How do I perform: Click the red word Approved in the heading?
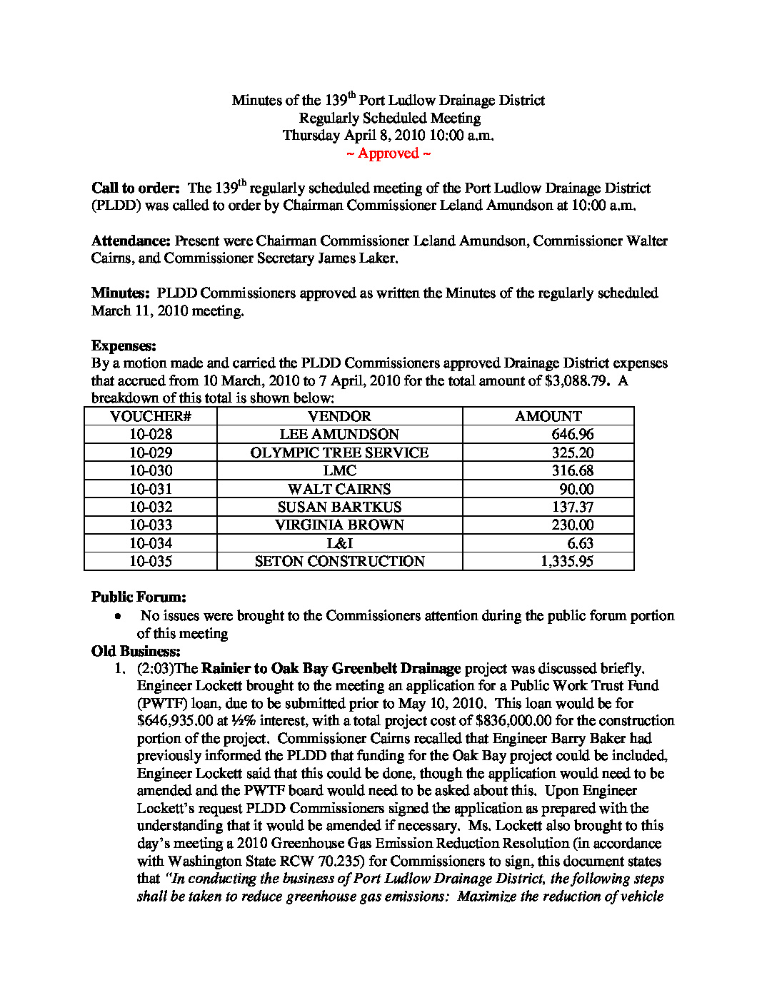388,153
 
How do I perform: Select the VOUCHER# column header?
151,417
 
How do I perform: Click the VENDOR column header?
339,417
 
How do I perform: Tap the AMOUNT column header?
548,417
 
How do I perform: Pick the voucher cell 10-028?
151,435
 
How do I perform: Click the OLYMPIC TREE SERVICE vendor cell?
339,453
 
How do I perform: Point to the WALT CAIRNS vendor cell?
339,490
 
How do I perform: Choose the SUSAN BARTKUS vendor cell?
339,507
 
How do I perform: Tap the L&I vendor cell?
339,544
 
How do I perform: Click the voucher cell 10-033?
151,525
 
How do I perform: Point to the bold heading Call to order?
136,188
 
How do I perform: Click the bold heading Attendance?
131,241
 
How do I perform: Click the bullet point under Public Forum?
118,616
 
